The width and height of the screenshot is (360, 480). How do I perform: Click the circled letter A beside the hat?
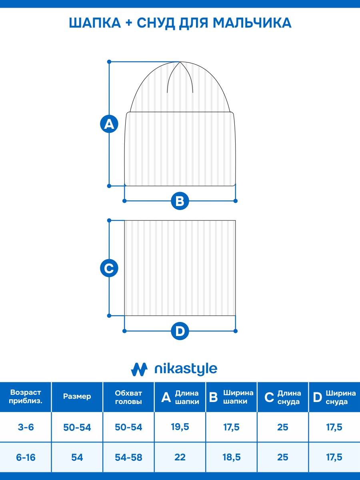point(109,124)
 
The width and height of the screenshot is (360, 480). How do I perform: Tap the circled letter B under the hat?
point(180,201)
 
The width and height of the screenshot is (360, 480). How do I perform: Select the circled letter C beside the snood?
point(109,268)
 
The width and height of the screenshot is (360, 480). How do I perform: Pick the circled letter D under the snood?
point(180,331)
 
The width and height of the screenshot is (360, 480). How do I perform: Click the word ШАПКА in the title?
point(95,23)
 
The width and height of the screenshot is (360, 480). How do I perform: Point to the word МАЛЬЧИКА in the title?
point(252,23)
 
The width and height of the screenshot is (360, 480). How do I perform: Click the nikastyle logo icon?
point(139,369)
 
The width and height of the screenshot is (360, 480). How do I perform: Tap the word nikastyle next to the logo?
point(186,369)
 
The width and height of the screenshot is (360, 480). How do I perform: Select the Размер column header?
point(77,396)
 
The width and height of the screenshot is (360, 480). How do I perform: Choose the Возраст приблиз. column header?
point(26,396)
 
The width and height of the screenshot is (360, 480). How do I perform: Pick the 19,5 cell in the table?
point(180,427)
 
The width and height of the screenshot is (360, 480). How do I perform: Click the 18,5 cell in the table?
point(232,457)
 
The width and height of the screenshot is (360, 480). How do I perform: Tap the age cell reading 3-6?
point(26,427)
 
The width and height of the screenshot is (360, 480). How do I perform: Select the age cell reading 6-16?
point(26,457)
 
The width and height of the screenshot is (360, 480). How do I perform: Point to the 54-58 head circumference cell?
point(128,457)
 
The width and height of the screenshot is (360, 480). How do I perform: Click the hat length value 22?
point(180,457)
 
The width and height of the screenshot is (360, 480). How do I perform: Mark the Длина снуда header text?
point(289,397)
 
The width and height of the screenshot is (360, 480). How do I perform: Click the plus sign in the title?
point(129,23)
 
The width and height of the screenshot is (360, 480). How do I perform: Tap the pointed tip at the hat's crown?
point(180,62)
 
